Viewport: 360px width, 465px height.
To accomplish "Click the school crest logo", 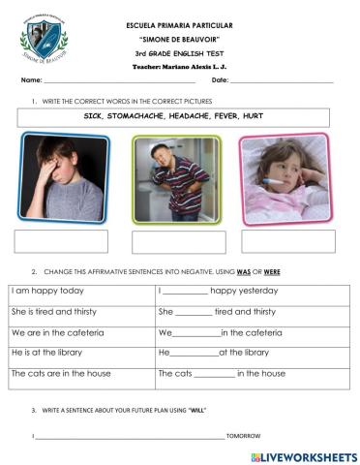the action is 45,41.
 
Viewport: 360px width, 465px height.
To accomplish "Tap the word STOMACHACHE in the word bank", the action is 158,115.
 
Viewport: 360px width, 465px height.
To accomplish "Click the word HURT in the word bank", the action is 255,115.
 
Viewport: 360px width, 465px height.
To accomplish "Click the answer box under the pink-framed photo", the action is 288,240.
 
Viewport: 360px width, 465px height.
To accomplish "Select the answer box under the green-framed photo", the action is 178,241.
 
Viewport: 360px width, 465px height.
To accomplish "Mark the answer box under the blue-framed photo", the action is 61,241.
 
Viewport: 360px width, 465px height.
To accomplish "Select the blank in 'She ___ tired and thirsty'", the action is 195,313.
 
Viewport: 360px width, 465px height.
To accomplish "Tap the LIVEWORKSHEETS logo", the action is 304,456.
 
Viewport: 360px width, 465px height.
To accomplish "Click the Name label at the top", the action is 31,80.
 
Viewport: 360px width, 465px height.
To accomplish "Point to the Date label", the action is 219,80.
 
